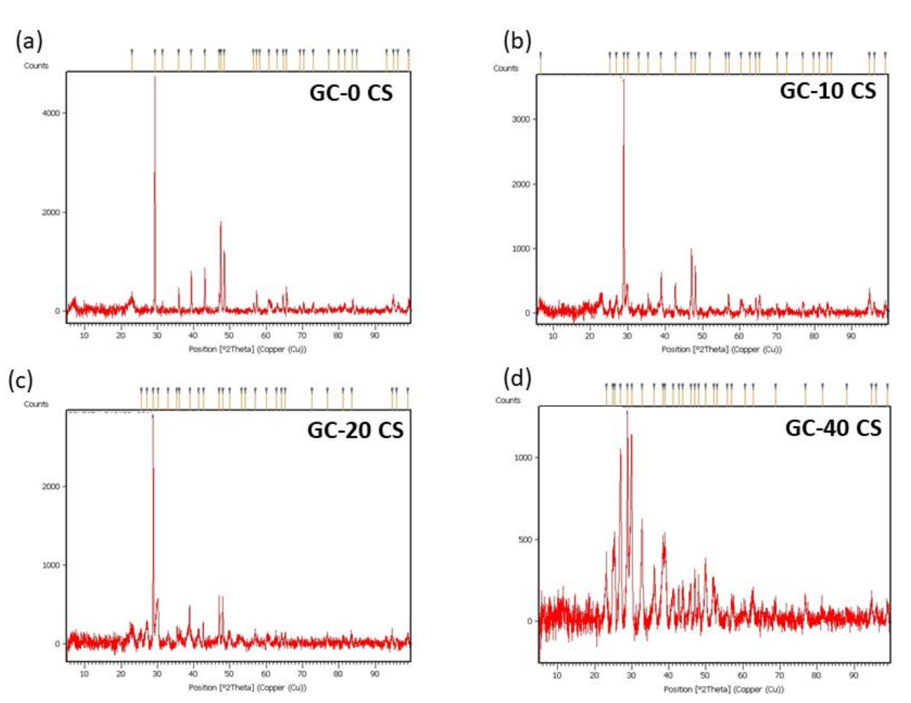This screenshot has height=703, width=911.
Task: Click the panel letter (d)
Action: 518,379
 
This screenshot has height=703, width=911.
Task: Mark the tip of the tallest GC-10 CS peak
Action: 624,79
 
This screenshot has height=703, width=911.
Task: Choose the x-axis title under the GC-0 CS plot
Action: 247,349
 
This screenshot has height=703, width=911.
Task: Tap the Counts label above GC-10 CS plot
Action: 505,68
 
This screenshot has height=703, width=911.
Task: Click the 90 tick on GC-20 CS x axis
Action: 375,674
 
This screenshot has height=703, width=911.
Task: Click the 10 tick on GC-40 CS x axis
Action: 557,676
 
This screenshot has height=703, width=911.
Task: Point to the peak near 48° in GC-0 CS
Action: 221,222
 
